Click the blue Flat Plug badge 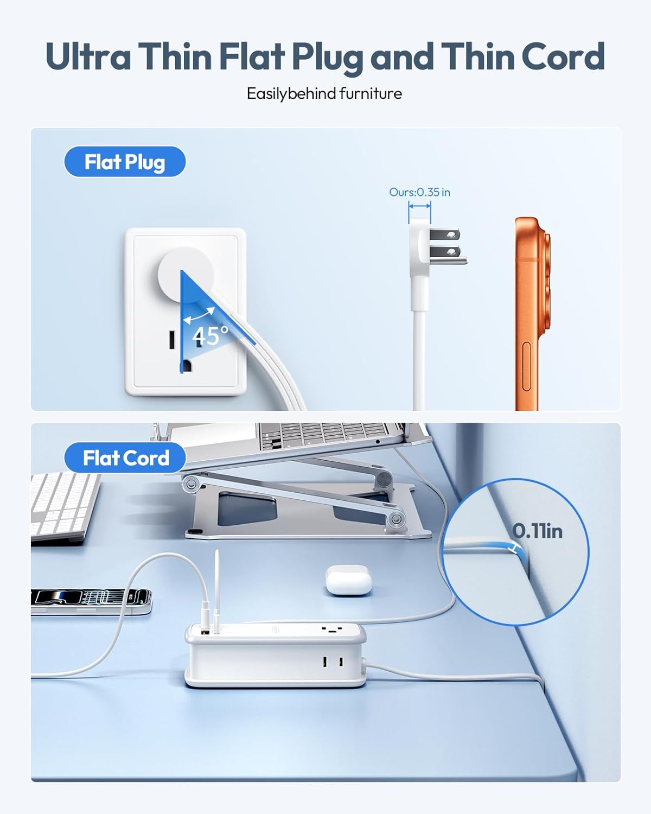pyautogui.click(x=125, y=162)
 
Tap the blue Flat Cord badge pyautogui.click(x=125, y=457)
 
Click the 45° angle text pyautogui.click(x=210, y=335)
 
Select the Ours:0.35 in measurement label pyautogui.click(x=419, y=192)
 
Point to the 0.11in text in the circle pyautogui.click(x=537, y=531)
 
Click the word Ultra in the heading pyautogui.click(x=88, y=56)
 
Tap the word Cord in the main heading pyautogui.click(x=563, y=56)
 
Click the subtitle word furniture pyautogui.click(x=371, y=93)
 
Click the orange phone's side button pyautogui.click(x=526, y=366)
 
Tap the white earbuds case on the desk pyautogui.click(x=348, y=580)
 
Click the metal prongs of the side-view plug pyautogui.click(x=448, y=246)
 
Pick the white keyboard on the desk pyautogui.click(x=65, y=508)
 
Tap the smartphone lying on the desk pyautogui.click(x=91, y=602)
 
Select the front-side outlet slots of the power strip pyautogui.click(x=333, y=662)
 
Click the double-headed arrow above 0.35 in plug pyautogui.click(x=419, y=206)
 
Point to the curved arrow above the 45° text pyautogui.click(x=199, y=315)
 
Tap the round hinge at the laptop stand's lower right pyautogui.click(x=395, y=519)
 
